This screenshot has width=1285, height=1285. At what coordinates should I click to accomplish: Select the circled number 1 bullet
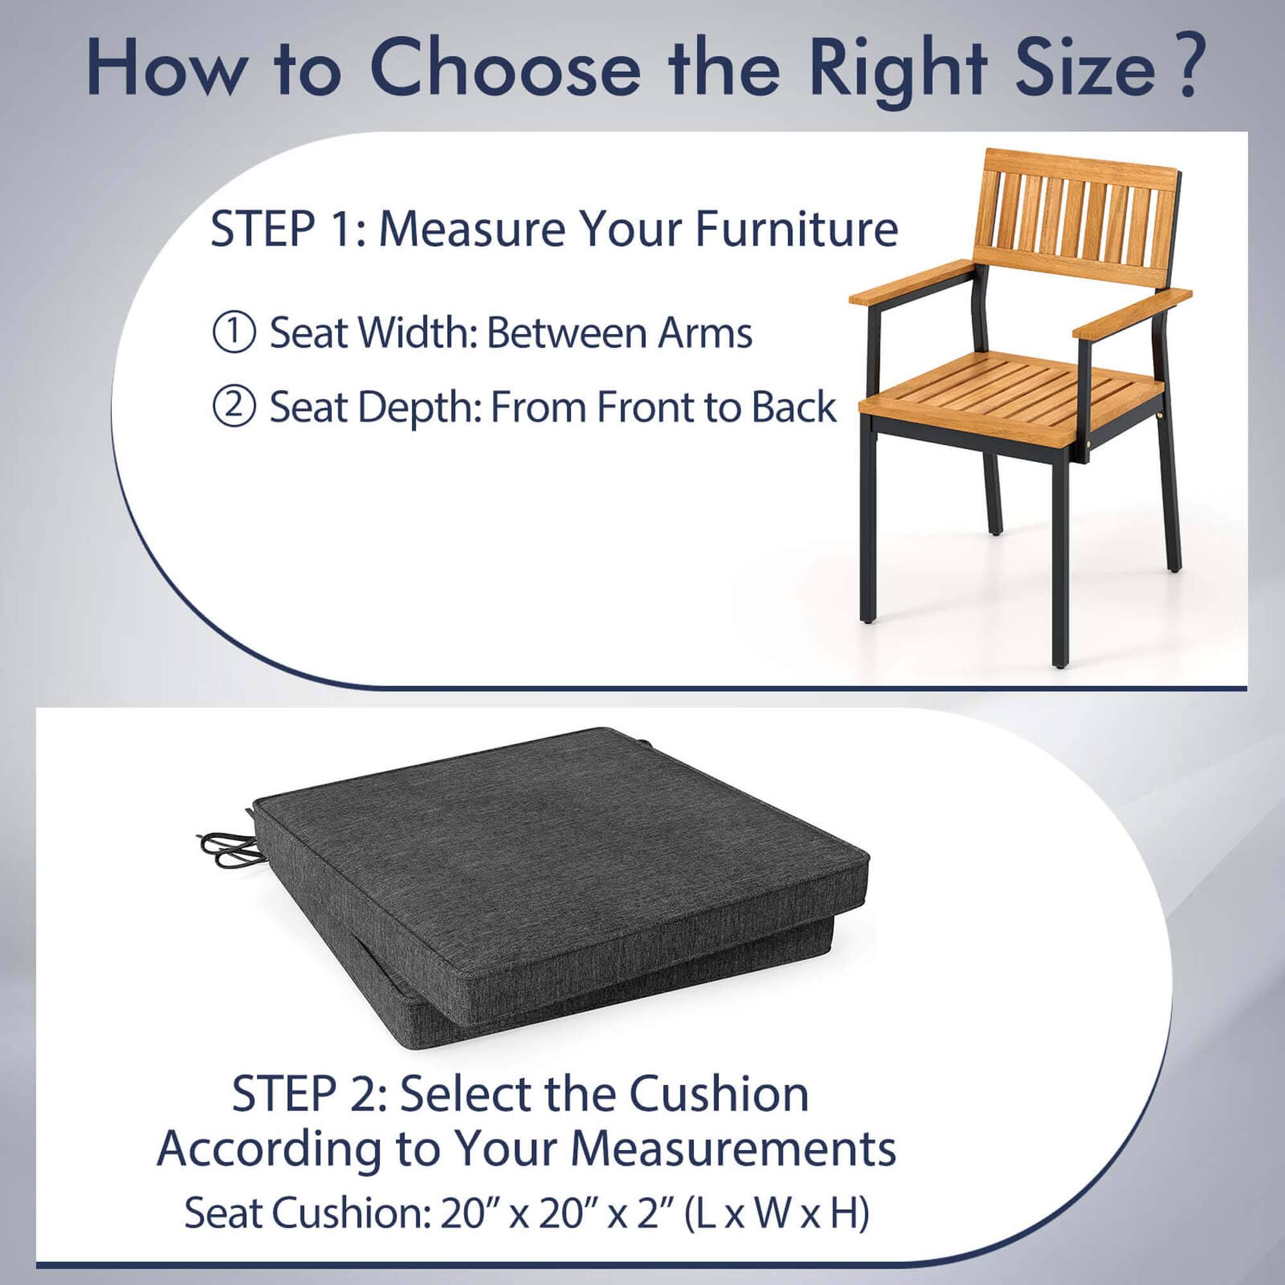pos(233,333)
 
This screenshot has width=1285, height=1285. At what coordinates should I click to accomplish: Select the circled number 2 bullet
pos(233,407)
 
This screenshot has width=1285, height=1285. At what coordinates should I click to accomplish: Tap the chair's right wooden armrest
pos(1130,313)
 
